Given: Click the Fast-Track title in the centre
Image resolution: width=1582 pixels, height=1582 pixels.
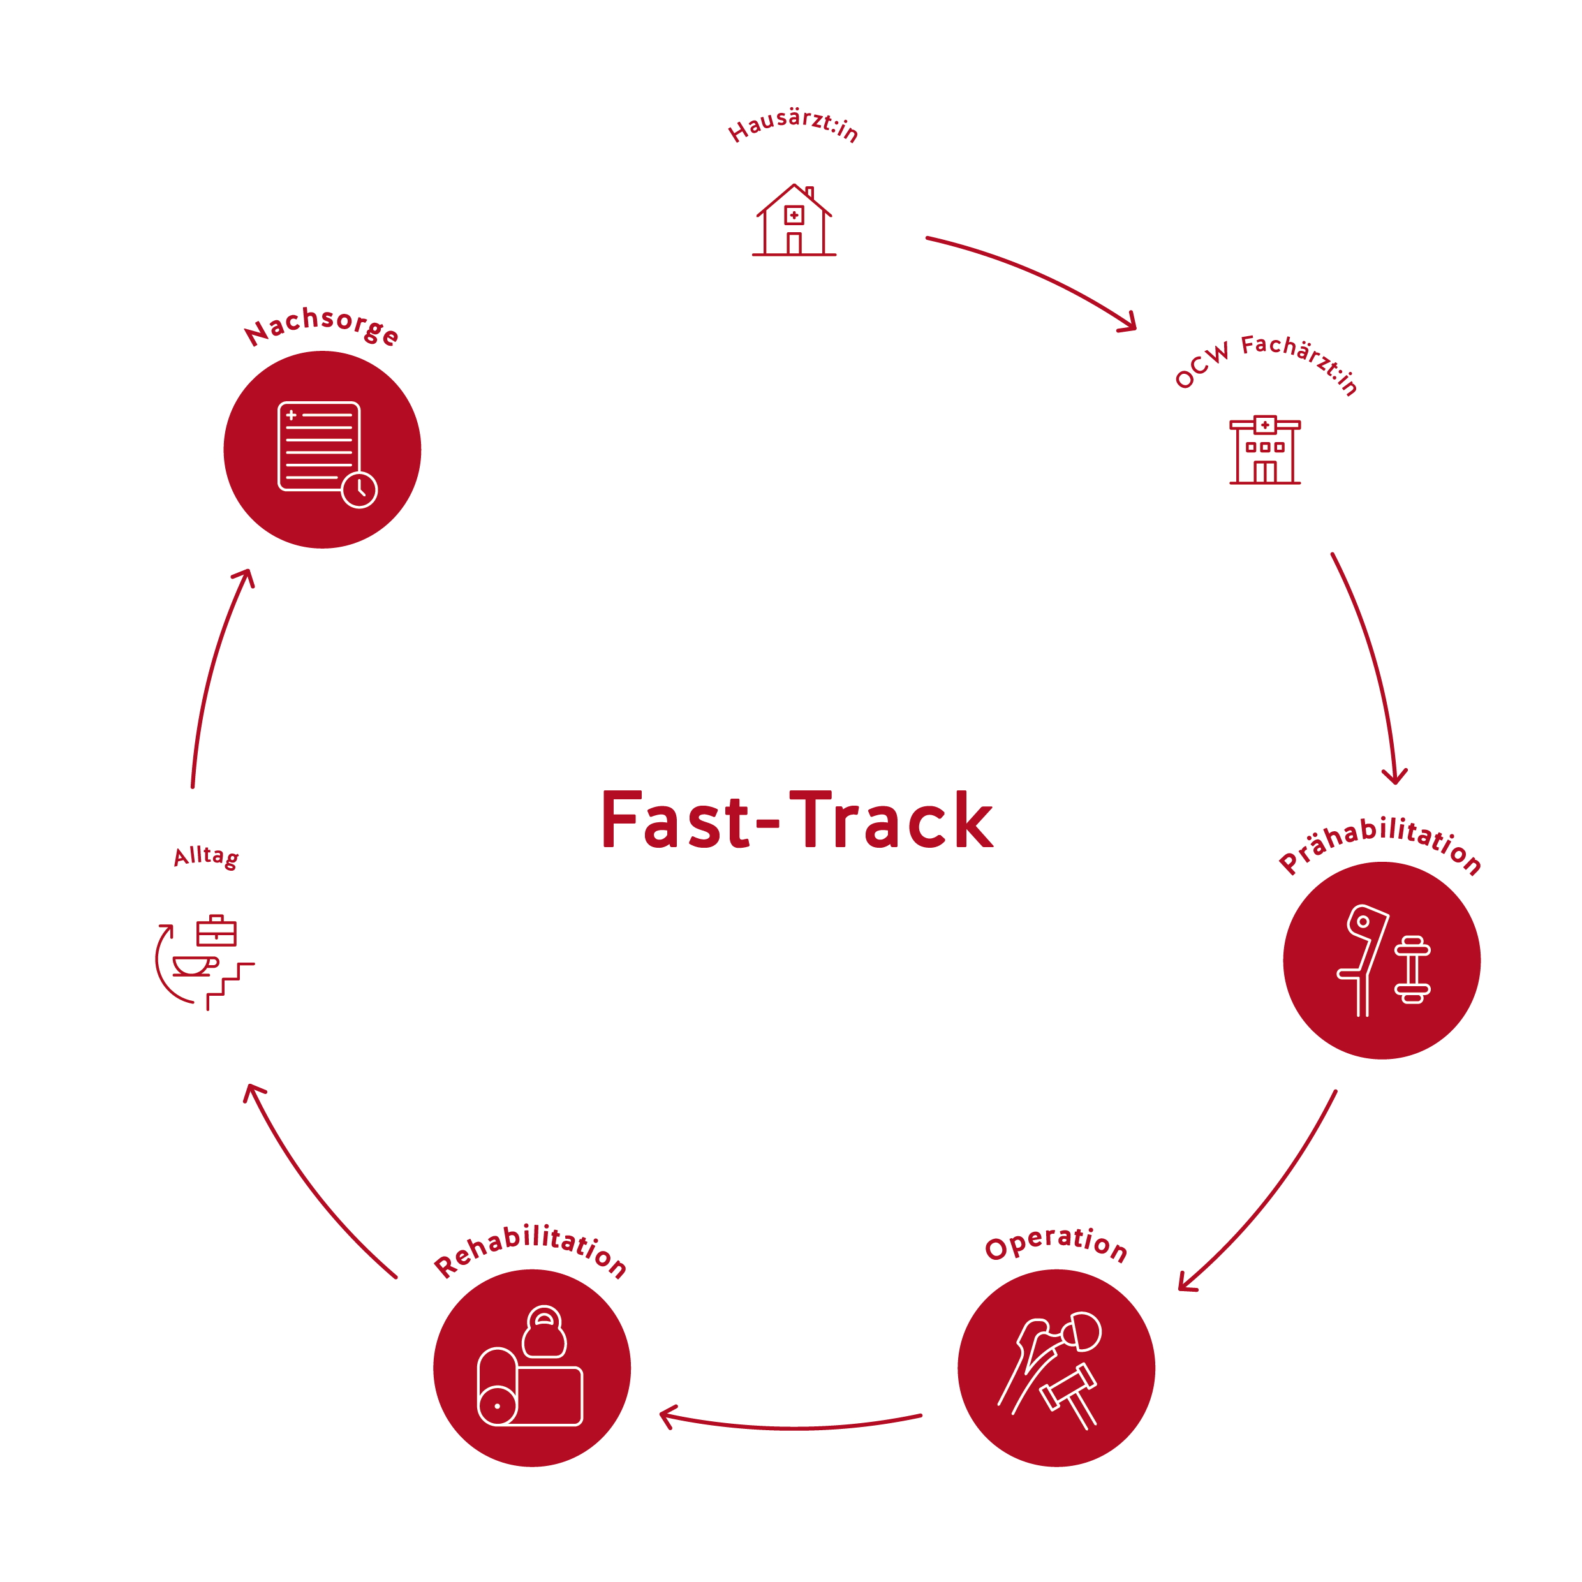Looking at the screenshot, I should click(797, 820).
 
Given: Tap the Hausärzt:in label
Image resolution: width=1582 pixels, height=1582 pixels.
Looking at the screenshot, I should click(793, 124).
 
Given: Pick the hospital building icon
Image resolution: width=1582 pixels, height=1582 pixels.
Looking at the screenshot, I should click(1264, 450).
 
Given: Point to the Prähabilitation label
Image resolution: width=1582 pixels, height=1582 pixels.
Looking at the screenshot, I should click(1380, 843).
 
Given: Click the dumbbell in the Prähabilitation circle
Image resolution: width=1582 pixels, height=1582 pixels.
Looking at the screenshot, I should click(1412, 969).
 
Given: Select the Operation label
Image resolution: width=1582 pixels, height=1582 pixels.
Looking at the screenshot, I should click(1056, 1243).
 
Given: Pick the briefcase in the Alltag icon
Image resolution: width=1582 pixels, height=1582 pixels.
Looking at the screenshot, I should click(216, 931).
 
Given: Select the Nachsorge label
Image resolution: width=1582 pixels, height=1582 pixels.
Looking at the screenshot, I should click(321, 325).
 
